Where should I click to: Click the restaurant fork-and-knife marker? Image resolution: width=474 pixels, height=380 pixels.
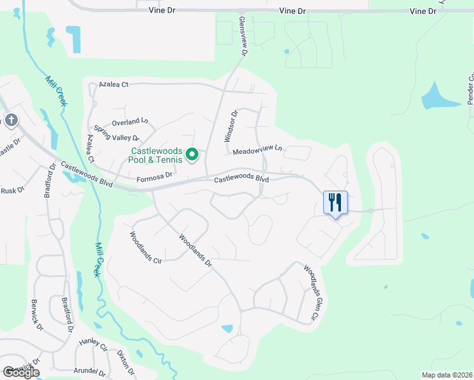(x=335, y=203)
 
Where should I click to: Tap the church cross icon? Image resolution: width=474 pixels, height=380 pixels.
(x=11, y=120)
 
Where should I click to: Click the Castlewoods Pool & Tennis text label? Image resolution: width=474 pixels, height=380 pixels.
(x=157, y=155)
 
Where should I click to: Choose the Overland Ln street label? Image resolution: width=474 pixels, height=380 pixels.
(x=129, y=121)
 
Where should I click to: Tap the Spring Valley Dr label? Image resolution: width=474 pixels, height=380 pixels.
(x=116, y=137)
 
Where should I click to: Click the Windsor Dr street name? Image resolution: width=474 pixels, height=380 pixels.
(x=231, y=126)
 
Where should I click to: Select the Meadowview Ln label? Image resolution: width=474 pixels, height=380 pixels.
(x=257, y=150)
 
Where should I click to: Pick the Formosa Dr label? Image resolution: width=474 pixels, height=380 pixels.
(x=155, y=180)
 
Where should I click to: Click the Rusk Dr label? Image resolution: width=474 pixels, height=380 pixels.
(x=12, y=190)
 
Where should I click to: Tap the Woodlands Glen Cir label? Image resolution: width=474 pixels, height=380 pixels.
(x=312, y=292)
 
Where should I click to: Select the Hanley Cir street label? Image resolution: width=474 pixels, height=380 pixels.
(x=94, y=345)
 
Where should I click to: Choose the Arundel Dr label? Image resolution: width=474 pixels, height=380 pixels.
(x=88, y=371)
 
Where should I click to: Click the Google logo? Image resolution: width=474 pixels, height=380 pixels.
(x=21, y=372)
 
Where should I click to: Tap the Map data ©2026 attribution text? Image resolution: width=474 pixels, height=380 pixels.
(x=446, y=375)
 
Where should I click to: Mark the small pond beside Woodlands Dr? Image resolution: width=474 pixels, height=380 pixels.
(x=227, y=329)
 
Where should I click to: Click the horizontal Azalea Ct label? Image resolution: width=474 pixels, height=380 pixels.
(x=113, y=84)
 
